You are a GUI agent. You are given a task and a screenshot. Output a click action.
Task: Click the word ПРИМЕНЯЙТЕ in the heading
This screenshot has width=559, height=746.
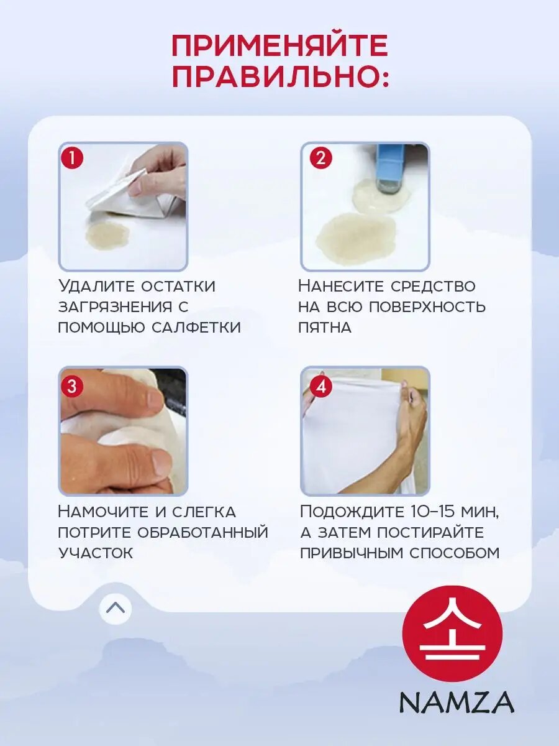pyautogui.click(x=279, y=46)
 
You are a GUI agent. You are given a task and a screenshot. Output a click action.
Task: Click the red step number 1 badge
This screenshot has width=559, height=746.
pyautogui.click(x=71, y=159)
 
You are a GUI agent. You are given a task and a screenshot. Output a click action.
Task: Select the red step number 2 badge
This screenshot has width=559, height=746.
pyautogui.click(x=320, y=159)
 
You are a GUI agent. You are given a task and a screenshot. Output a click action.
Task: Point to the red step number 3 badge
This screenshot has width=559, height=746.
pyautogui.click(x=71, y=386)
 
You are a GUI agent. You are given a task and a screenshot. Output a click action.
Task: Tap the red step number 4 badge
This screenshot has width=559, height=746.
pyautogui.click(x=320, y=386)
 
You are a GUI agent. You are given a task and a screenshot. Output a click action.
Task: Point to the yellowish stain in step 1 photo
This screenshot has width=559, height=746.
pyautogui.click(x=107, y=235)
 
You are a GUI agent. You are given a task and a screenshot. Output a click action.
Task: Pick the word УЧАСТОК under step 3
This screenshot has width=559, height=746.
pyautogui.click(x=96, y=553)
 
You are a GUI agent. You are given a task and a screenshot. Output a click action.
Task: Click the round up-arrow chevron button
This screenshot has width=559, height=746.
pyautogui.click(x=116, y=608)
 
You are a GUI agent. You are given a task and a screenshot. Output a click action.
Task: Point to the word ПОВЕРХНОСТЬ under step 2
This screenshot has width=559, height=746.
pyautogui.click(x=427, y=307)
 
